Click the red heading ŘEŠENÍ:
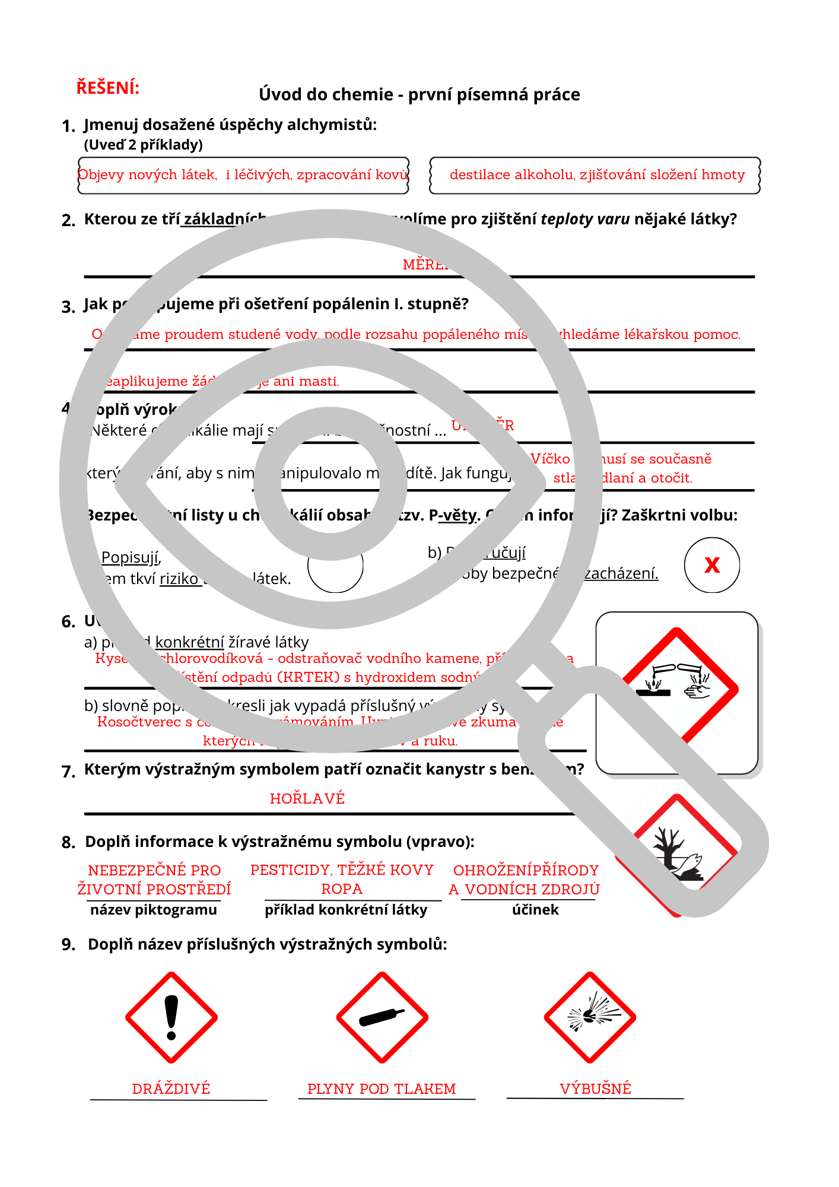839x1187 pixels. [107, 88]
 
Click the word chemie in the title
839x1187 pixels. [368, 94]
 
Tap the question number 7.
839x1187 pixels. [68, 772]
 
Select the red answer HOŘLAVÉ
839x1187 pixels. [307, 799]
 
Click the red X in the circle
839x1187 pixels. [712, 565]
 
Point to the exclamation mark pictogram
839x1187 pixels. [171, 1017]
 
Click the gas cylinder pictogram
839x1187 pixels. [382, 1017]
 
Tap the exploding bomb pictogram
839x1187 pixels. [590, 1017]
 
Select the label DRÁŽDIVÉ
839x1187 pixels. [171, 1089]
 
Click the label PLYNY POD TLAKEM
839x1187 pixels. [382, 1089]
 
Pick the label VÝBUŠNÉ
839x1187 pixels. [595, 1089]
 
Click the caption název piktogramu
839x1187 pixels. [154, 910]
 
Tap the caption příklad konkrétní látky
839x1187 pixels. [346, 910]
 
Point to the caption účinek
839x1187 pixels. [535, 910]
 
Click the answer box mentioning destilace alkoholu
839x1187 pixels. [595, 175]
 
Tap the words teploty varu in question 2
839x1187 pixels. [585, 219]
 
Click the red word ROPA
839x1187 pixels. [342, 889]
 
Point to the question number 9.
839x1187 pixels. [68, 944]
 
